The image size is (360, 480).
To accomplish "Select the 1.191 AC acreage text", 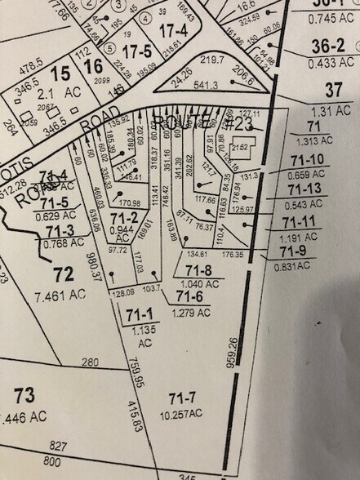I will pyautogui.click(x=304, y=238).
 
